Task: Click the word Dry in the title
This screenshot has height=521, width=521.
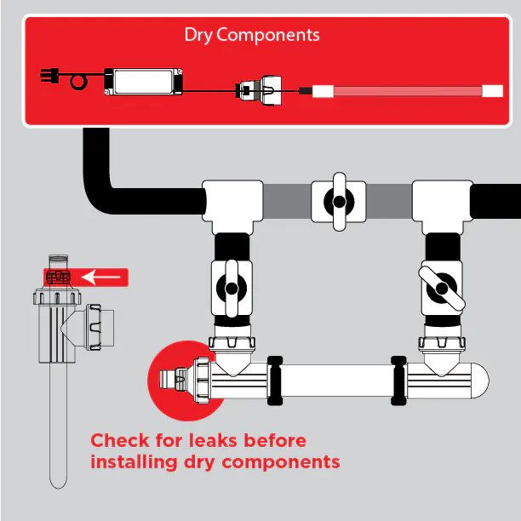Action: [198, 35]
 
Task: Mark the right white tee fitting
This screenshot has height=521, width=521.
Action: [441, 204]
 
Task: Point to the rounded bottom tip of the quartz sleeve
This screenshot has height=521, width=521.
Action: [58, 481]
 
